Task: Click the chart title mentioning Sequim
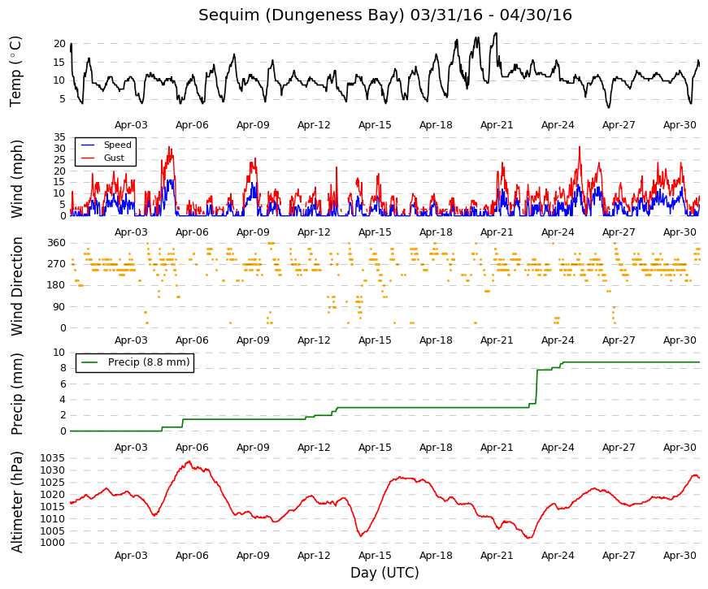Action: click(385, 15)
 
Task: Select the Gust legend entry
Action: click(102, 158)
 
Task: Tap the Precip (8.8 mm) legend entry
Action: click(136, 362)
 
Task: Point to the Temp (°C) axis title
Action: click(15, 71)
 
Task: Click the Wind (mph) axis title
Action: click(17, 179)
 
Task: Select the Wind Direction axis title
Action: click(17, 286)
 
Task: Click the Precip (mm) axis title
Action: click(17, 393)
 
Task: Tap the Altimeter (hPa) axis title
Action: click(17, 501)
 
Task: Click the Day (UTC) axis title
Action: click(384, 573)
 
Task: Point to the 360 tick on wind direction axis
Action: click(56, 243)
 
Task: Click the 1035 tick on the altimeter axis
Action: click(53, 458)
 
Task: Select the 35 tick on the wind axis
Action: click(59, 136)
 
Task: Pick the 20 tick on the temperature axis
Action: click(59, 44)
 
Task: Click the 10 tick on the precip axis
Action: click(59, 353)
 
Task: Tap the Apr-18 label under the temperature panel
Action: click(436, 125)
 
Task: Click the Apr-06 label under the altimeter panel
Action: click(192, 556)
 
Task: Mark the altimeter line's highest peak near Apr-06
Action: click(189, 461)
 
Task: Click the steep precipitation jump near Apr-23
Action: click(536, 387)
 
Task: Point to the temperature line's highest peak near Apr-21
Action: click(496, 33)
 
